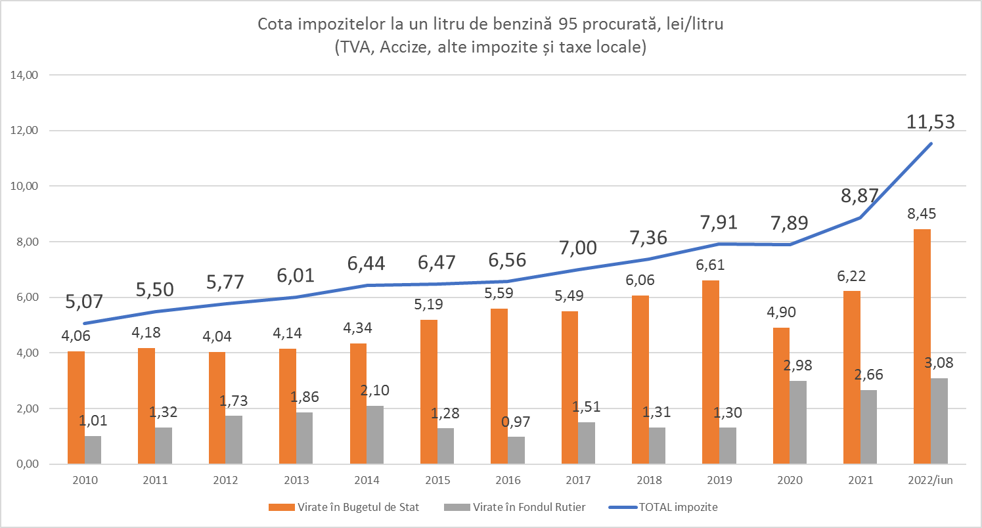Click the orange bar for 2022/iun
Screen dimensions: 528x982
pyautogui.click(x=922, y=346)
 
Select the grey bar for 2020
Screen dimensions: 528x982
pyautogui.click(x=797, y=422)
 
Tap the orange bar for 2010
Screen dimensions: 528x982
pyautogui.click(x=76, y=407)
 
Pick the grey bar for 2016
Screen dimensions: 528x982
pyautogui.click(x=516, y=450)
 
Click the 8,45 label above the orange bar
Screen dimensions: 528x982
pyautogui.click(x=922, y=214)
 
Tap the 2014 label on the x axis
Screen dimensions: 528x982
pyautogui.click(x=367, y=481)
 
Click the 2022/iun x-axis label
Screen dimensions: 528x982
pyautogui.click(x=930, y=481)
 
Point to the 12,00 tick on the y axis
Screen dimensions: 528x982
pyautogui.click(x=26, y=130)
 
